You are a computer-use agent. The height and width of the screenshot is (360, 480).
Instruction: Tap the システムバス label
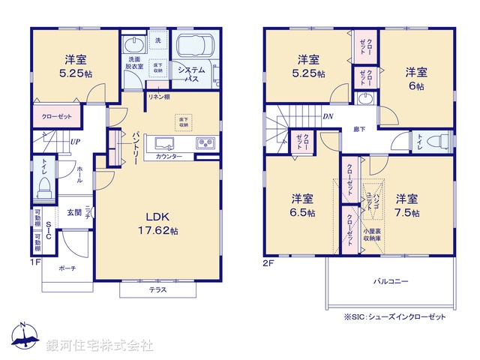(x=192, y=73)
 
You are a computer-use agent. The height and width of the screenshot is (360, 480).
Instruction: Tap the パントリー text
(x=136, y=145)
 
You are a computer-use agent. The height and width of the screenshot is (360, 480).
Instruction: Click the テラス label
(x=157, y=289)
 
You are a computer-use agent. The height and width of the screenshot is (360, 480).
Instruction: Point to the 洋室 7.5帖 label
(x=406, y=205)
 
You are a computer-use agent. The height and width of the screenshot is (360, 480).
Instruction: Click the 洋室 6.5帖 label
(x=303, y=205)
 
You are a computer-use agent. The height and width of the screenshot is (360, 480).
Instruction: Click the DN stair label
(x=328, y=116)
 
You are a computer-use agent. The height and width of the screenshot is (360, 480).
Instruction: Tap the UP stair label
(x=75, y=141)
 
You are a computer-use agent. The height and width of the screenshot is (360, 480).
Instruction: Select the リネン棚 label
(x=157, y=97)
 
